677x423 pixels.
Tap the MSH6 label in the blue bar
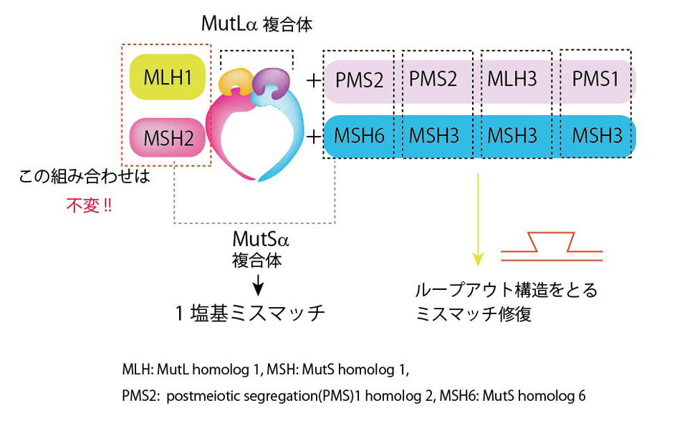(x=360, y=136)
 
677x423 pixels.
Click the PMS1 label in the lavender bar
(x=595, y=78)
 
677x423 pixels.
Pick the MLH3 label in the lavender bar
(x=512, y=78)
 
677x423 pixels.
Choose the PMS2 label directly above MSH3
(x=433, y=78)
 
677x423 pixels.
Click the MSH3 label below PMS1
(x=595, y=135)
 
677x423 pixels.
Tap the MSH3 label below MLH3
(x=512, y=135)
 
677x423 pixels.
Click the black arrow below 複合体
(x=258, y=286)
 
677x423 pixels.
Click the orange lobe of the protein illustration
(x=236, y=82)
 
